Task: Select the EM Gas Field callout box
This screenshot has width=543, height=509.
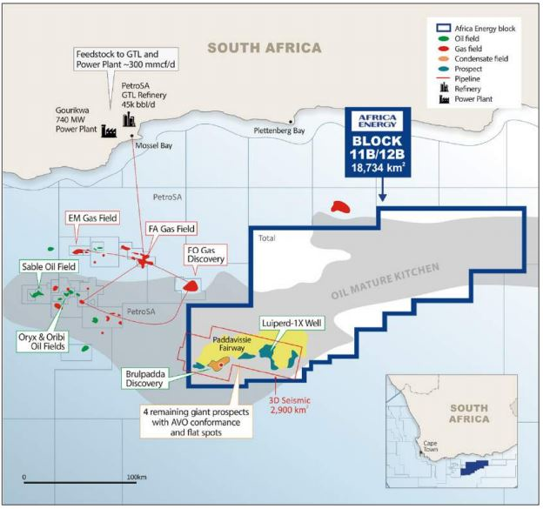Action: (93, 218)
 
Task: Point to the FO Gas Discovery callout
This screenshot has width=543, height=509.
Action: (206, 254)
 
